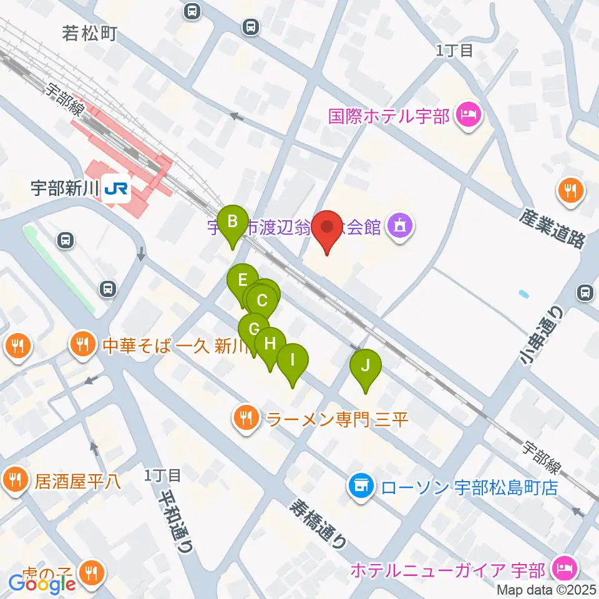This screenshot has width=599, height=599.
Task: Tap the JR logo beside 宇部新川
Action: coord(117,188)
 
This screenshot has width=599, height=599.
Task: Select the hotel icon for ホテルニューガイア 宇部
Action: coord(565,569)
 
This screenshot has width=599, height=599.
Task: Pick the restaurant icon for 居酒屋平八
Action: coord(14,480)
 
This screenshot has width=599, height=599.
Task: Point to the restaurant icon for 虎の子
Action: coord(92,571)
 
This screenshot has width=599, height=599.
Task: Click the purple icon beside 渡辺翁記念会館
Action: coord(399,226)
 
